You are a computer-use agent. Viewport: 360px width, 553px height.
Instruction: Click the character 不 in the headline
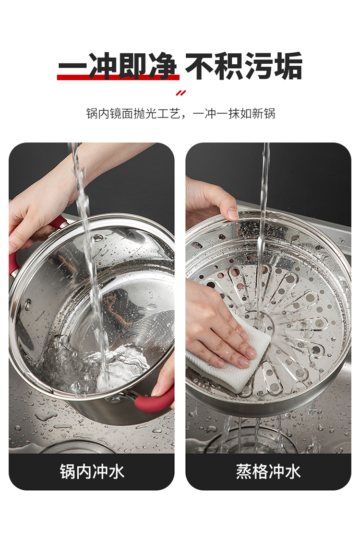tap(199, 66)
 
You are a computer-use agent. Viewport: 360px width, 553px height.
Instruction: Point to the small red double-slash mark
tap(180, 93)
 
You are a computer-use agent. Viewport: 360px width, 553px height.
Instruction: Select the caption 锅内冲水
tap(92, 471)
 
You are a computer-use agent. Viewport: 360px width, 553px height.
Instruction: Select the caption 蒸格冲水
tap(268, 471)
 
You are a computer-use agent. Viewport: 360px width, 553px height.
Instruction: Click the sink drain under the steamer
tap(247, 441)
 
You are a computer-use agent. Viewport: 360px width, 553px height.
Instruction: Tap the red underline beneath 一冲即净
tap(118, 77)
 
